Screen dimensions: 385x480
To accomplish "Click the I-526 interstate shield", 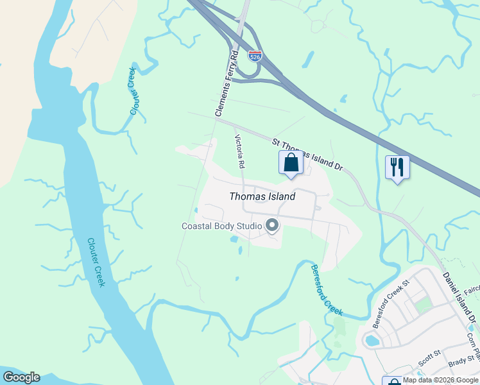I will tap(255, 56).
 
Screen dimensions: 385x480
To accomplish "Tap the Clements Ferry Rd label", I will tap(227, 83).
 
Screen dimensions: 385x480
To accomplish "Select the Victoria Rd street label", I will tap(239, 152).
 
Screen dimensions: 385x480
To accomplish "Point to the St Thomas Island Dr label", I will tap(307, 153).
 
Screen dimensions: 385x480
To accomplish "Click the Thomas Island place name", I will tap(262, 197).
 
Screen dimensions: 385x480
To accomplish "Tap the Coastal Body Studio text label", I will tap(221, 226).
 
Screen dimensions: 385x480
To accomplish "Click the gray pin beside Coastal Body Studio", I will tap(272, 225).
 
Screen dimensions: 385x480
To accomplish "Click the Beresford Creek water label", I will tap(327, 290).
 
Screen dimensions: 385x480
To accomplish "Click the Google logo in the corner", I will tap(21, 377).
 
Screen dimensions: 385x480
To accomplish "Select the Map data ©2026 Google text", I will tap(440, 380).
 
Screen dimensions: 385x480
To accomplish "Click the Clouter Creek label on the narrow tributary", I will tap(133, 91).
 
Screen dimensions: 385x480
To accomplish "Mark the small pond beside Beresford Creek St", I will tap(372, 340).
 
